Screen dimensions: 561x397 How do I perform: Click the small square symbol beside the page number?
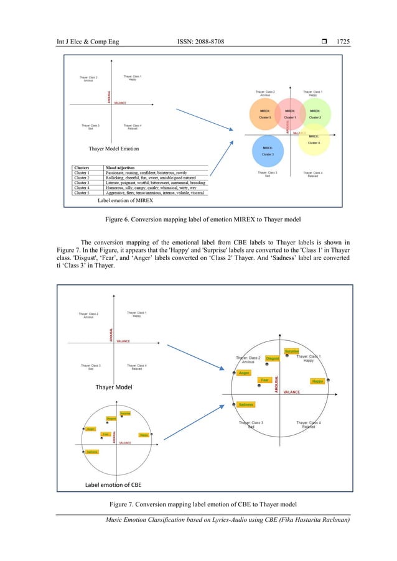click(325, 42)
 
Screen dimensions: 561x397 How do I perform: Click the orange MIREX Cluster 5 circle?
click(265, 114)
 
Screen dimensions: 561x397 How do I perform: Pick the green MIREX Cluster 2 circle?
click(315, 114)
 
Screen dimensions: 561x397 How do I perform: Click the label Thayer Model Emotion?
click(114, 149)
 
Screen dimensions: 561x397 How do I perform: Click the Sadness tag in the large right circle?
click(245, 405)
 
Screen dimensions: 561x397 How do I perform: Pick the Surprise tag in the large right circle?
click(292, 351)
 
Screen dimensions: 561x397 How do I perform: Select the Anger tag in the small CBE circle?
click(91, 429)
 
